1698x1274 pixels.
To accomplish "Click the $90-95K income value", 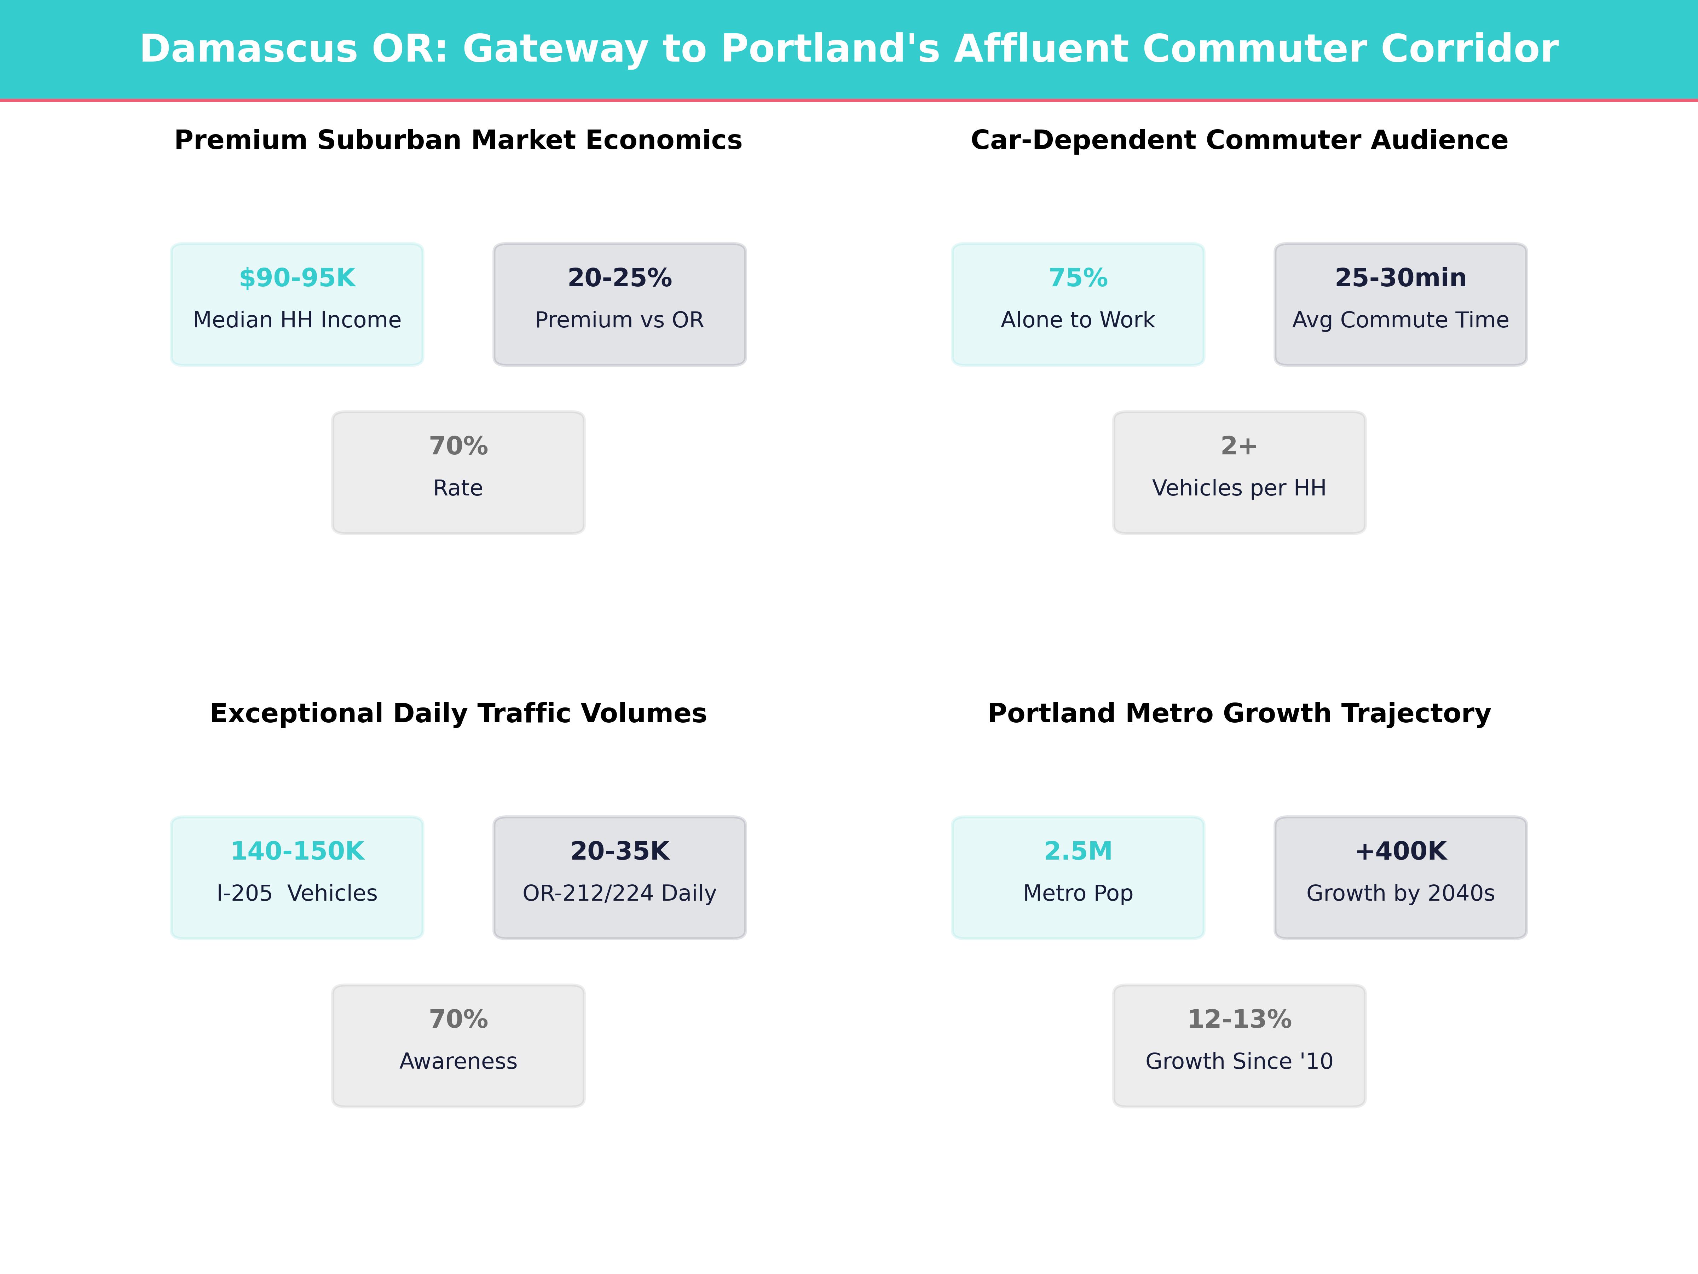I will (x=297, y=278).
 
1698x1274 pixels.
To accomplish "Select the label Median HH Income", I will (x=297, y=320).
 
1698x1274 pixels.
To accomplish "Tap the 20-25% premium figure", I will (x=619, y=278).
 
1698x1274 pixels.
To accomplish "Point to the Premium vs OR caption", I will (x=619, y=320).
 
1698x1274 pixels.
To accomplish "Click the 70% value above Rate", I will (x=458, y=446).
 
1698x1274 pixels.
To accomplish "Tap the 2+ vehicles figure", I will (x=1239, y=446).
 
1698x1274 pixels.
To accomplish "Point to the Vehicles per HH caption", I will (x=1239, y=488).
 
